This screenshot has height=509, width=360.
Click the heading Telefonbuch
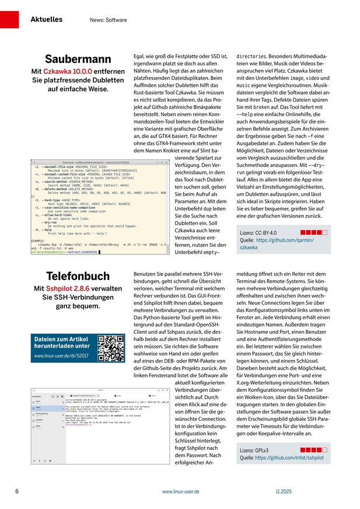78,276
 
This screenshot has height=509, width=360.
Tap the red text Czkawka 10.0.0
69,71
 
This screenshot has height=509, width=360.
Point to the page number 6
17,492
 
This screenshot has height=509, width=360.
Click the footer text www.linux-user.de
181,492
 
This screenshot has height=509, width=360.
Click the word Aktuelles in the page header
47,19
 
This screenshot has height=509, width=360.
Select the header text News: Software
109,20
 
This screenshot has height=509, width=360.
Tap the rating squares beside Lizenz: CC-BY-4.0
315,232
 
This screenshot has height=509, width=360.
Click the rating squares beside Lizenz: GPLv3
315,450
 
